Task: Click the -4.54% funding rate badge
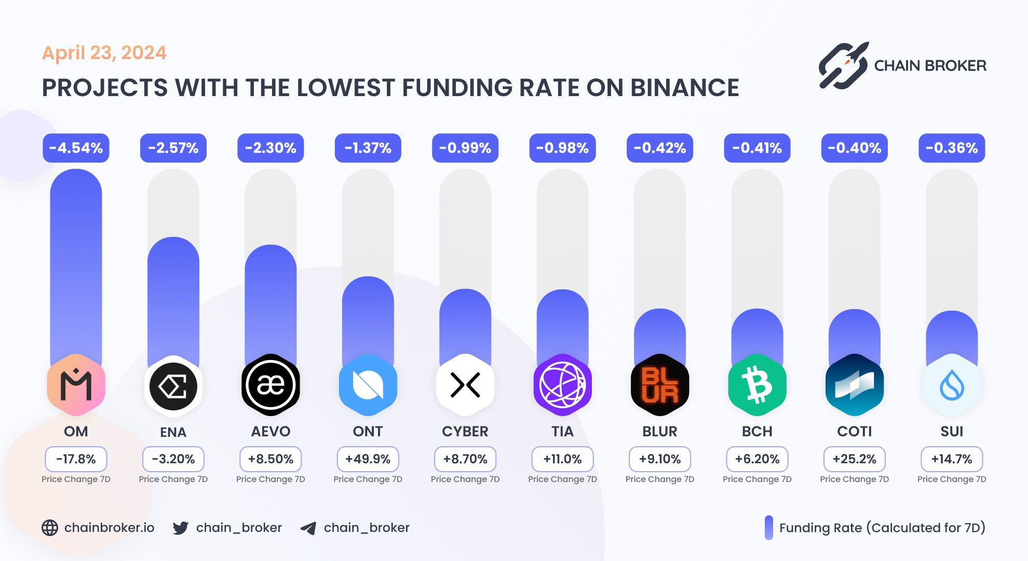point(76,148)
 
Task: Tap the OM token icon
point(76,385)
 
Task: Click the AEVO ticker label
point(270,431)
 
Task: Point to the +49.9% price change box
point(368,459)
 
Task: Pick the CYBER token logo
point(465,385)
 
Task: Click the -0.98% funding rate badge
point(562,148)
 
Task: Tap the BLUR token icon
point(660,385)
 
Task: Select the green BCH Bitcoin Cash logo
point(757,385)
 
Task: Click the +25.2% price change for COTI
point(854,459)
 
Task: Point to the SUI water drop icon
point(952,385)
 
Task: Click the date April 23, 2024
point(104,52)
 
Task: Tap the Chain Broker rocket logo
point(843,65)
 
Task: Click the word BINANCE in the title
point(684,88)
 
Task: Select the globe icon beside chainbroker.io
point(50,528)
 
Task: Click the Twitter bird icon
point(181,528)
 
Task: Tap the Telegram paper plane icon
point(308,528)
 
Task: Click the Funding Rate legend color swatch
point(768,528)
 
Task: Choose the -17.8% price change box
point(76,459)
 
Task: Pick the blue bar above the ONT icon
point(368,317)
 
